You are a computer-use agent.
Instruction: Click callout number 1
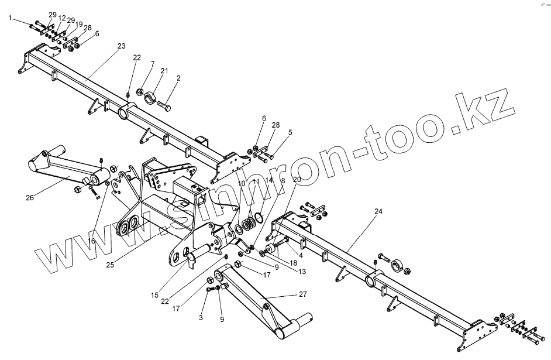click(x=10, y=19)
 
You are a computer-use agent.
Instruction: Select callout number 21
click(x=164, y=71)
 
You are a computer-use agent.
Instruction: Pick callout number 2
click(x=178, y=78)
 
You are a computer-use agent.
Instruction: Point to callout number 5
click(x=290, y=133)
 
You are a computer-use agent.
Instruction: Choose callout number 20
click(x=297, y=179)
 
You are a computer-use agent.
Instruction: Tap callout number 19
click(x=79, y=25)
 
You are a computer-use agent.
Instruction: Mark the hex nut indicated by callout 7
click(x=140, y=91)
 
